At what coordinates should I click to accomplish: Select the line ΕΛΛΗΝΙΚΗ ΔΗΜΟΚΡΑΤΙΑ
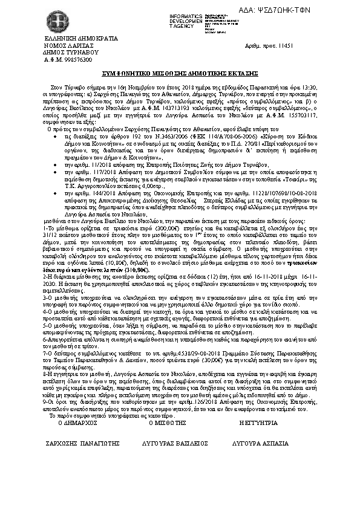70,39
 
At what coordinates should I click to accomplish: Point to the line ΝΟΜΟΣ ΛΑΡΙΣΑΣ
66,46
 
